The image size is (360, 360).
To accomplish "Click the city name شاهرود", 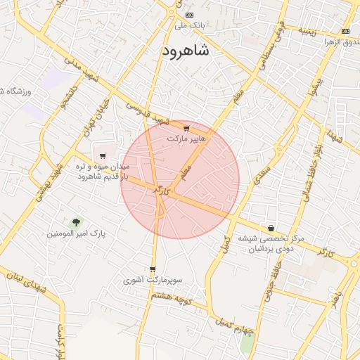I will (186, 51).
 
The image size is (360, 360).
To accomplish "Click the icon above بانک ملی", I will (188, 15).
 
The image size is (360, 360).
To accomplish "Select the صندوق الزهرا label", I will (337, 42).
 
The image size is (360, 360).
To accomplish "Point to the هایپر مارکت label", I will (187, 139).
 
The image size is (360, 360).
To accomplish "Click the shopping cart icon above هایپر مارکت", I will (186, 129).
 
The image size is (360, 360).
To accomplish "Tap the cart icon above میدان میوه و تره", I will (103, 156).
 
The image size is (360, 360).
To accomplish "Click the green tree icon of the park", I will (76, 221).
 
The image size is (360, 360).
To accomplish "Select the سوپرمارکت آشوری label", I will (153, 280).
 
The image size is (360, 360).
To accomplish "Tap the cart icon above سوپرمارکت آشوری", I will (153, 269).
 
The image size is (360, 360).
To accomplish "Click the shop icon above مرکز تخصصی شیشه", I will (271, 228).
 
